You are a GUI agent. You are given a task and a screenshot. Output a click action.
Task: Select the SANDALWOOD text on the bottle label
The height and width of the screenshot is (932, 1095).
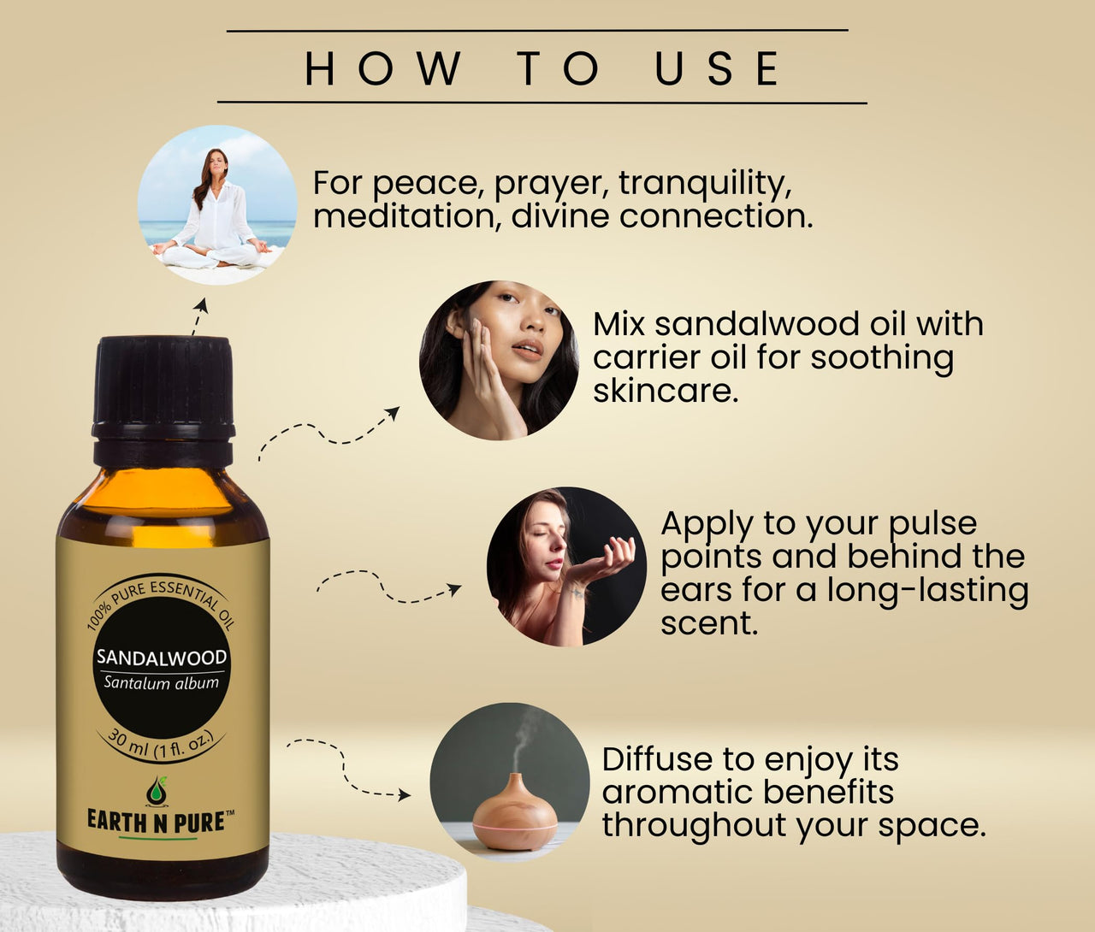coord(162,658)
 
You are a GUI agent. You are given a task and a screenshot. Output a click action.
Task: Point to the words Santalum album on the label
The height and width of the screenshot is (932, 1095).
coord(162,682)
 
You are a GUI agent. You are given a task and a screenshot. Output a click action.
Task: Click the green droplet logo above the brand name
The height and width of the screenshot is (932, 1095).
coord(157,791)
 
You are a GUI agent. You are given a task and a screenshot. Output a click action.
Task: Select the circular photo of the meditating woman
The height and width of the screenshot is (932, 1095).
coord(217,205)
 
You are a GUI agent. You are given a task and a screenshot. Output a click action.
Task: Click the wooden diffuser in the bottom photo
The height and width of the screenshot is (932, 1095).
coord(515,813)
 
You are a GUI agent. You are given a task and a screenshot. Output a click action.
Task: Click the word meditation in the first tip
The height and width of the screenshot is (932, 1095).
coord(405,216)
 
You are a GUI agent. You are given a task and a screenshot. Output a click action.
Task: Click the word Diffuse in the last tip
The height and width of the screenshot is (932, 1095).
coord(657,759)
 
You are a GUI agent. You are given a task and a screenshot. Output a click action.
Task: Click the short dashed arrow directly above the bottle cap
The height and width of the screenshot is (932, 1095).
coord(198,316)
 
